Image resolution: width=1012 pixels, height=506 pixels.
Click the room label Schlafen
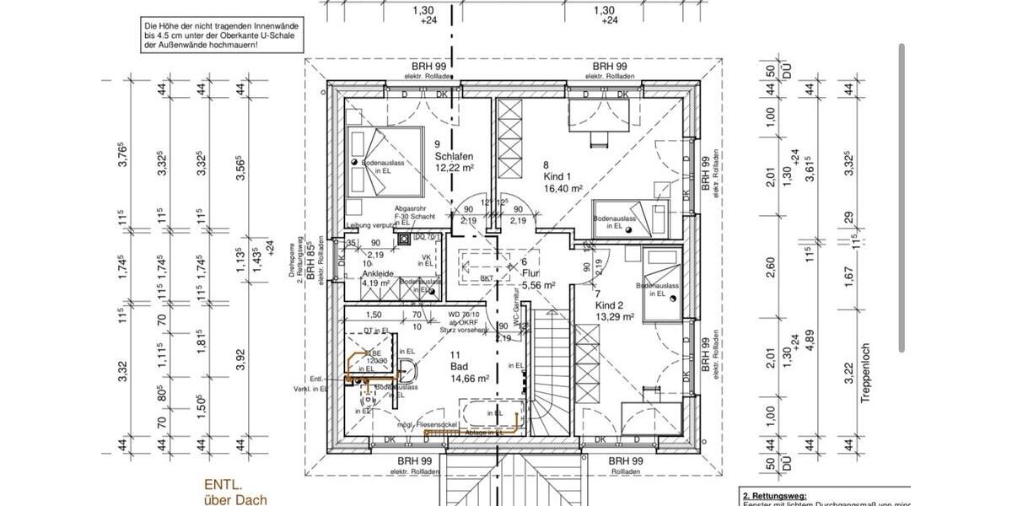coord(453,156)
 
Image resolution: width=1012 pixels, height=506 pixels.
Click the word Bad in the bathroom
coord(458,367)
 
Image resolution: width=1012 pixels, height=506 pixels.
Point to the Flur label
coord(530,273)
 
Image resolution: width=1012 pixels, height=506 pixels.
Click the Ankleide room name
coord(379,273)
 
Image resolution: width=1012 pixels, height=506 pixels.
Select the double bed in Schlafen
coord(384,162)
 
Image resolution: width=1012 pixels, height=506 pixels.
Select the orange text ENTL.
coord(223,486)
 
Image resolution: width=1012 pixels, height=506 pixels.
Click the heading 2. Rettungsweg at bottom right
coord(774,496)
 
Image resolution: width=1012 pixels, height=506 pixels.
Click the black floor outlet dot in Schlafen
coord(356,162)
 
